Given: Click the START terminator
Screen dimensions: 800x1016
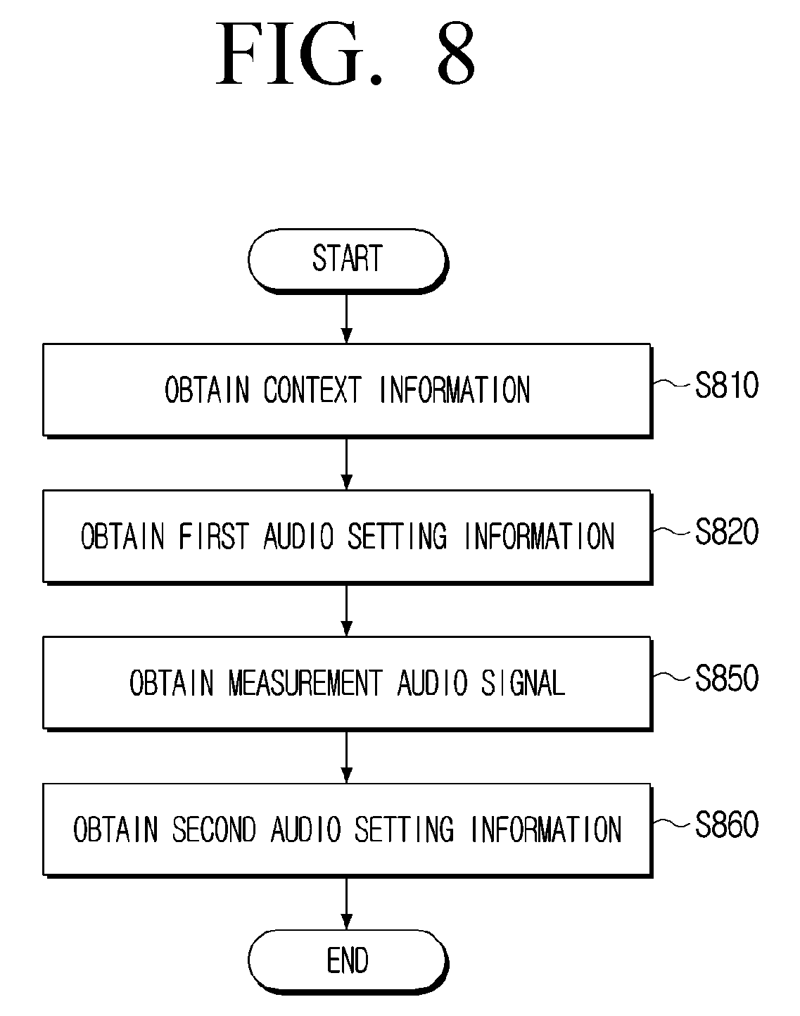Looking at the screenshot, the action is click(348, 261).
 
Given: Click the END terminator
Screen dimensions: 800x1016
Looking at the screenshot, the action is click(348, 961).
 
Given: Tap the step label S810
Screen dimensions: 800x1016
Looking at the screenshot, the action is click(726, 385).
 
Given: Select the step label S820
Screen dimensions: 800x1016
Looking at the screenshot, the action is click(726, 532).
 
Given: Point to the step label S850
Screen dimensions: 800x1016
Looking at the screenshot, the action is click(726, 678).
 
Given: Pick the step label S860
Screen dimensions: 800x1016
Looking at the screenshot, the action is click(726, 824).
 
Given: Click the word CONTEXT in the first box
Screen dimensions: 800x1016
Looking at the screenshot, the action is click(312, 389).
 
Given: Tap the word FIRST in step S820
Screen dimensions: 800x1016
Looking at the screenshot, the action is click(213, 537).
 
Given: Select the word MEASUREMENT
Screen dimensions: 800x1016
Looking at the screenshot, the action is click(305, 683).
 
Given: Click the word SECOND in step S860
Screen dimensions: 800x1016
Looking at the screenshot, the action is click(214, 829).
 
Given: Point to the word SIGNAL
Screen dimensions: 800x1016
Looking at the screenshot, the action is click(523, 683).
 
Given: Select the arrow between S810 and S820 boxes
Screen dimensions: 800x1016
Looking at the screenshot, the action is click(347, 465).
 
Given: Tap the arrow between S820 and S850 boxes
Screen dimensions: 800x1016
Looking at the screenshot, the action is click(347, 611).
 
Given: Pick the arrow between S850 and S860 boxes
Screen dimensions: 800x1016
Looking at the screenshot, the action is click(347, 758).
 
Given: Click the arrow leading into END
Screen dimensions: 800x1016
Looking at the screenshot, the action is click(347, 903).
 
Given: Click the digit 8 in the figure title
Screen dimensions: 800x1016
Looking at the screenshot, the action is click(456, 53).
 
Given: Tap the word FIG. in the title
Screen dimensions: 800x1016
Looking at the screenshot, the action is click(299, 53).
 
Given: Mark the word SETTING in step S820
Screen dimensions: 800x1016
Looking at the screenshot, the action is click(397, 537).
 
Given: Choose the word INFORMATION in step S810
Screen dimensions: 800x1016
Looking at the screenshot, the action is click(455, 389).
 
